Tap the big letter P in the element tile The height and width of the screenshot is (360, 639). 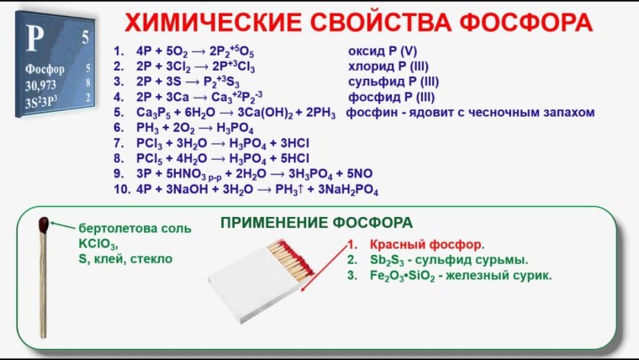click(34, 38)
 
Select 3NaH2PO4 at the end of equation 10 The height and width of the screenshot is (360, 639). click(345, 189)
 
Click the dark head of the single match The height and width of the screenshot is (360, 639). click(43, 225)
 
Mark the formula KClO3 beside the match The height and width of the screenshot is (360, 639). click(98, 244)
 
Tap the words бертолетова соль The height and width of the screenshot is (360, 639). click(135, 229)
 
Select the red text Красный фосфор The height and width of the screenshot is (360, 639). click(427, 245)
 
